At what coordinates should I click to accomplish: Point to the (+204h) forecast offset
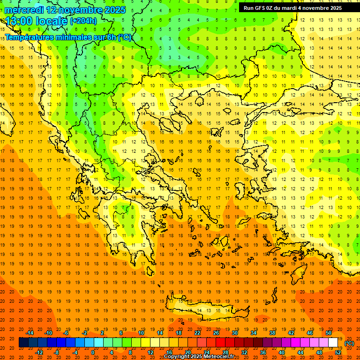click(x=83, y=21)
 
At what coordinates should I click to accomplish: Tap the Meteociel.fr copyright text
click(x=199, y=357)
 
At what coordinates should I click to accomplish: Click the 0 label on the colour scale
click(x=92, y=352)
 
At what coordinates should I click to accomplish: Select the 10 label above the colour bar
click(x=141, y=333)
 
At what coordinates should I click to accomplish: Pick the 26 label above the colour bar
click(x=216, y=333)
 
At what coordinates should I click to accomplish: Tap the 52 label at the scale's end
click(x=338, y=352)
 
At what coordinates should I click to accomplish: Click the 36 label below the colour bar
click(x=262, y=352)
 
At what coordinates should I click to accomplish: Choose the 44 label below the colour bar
click(x=300, y=352)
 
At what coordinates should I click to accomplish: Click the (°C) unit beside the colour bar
click(x=349, y=343)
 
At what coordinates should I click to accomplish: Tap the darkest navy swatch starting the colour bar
click(x=23, y=343)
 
